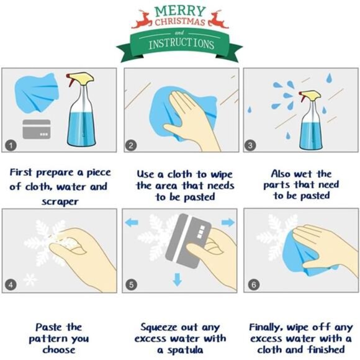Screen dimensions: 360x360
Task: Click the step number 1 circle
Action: (x=11, y=145)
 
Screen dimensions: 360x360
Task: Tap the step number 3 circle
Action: (x=250, y=145)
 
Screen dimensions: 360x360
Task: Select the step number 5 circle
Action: (x=132, y=285)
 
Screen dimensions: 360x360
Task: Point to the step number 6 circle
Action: (x=254, y=285)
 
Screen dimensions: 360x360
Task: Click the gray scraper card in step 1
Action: (x=37, y=129)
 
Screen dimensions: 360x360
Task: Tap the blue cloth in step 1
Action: (x=37, y=92)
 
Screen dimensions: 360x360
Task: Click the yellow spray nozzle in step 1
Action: (x=81, y=79)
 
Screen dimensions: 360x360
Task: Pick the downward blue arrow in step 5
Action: (x=178, y=279)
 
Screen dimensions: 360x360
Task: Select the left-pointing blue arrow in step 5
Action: (x=132, y=222)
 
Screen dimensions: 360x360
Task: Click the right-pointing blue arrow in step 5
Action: (x=228, y=222)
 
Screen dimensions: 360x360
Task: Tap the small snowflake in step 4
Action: (x=30, y=279)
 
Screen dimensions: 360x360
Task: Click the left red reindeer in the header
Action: (x=142, y=20)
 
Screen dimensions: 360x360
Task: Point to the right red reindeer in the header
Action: (x=218, y=20)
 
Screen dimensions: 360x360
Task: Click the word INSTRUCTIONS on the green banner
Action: (x=181, y=43)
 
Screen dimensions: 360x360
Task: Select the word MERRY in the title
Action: (x=180, y=11)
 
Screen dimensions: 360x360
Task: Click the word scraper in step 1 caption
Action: (x=60, y=202)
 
